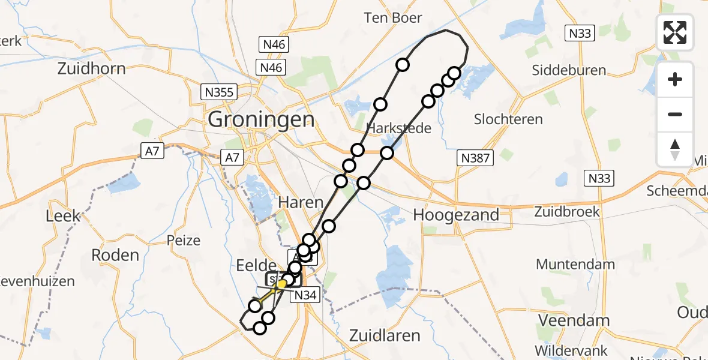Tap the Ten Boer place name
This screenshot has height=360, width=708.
(393, 18)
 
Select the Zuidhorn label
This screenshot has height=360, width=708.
(92, 68)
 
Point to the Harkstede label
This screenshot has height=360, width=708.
(398, 127)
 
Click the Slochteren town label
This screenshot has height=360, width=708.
(508, 119)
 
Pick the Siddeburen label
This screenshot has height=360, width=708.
(569, 70)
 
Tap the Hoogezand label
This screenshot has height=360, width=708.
(456, 215)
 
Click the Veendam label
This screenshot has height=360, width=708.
(573, 320)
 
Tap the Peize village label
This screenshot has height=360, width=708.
(184, 240)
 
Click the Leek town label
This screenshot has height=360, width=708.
(63, 216)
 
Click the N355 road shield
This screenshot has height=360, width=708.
(220, 92)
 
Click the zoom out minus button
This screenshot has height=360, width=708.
(675, 115)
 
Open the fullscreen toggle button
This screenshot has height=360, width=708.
(675, 32)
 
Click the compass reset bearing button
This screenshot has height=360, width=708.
(675, 149)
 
